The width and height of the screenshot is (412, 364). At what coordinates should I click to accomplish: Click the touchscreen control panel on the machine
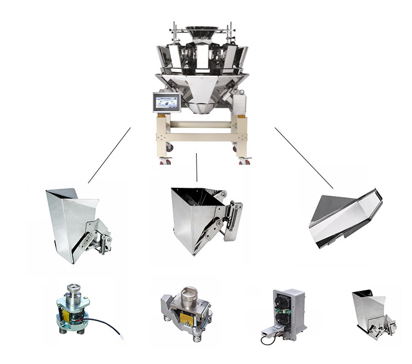tap(166, 103)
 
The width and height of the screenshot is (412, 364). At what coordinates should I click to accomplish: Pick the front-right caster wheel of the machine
tap(244, 161)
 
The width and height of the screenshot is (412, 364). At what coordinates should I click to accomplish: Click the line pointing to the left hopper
tap(109, 155)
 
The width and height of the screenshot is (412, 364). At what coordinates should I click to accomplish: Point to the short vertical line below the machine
tap(197, 167)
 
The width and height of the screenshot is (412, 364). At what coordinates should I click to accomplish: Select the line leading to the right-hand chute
tap(304, 158)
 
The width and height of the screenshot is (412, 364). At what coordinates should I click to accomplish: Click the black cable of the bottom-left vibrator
tap(114, 324)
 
